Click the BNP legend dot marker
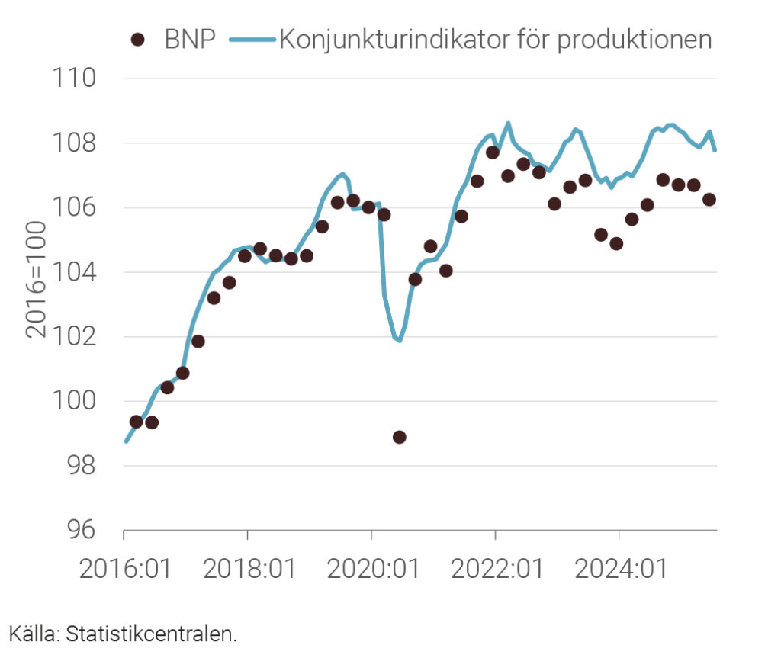(x=138, y=40)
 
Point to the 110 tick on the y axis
(x=74, y=79)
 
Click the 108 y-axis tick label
(x=74, y=143)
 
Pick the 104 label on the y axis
(x=74, y=272)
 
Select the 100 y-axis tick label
(x=74, y=401)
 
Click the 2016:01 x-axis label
(x=123, y=570)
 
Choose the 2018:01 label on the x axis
(x=248, y=570)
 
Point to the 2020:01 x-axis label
(x=371, y=570)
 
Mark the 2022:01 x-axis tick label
(x=496, y=570)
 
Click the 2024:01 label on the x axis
(x=619, y=570)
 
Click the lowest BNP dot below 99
(x=399, y=437)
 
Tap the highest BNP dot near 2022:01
(x=493, y=152)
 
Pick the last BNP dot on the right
(x=709, y=200)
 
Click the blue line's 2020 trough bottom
(x=399, y=340)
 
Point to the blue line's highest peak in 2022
(x=508, y=123)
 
